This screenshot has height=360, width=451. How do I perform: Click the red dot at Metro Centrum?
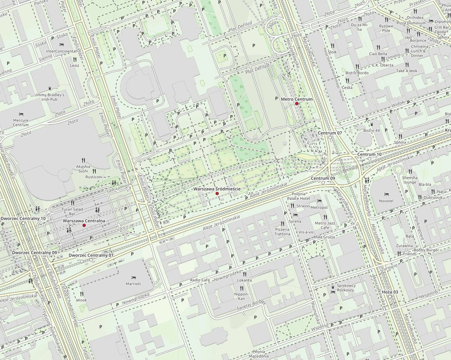pyautogui.click(x=297, y=103)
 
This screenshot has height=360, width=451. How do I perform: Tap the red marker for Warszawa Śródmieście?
pyautogui.click(x=217, y=193)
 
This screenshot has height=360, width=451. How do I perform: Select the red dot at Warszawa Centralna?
pyautogui.click(x=84, y=225)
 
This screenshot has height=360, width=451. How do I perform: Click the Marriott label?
pyautogui.click(x=134, y=284)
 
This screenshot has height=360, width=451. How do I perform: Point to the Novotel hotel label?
pyautogui.click(x=386, y=201)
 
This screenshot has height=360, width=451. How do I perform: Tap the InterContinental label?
pyautogui.click(x=61, y=51)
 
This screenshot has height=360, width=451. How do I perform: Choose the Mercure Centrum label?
pyautogui.click(x=21, y=123)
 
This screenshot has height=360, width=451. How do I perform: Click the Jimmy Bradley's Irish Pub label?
pyautogui.click(x=50, y=97)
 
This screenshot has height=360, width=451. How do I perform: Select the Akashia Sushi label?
pyautogui.click(x=83, y=168)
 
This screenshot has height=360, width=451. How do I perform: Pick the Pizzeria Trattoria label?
pyautogui.click(x=282, y=231)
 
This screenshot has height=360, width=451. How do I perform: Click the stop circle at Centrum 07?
pyautogui.click(x=330, y=138)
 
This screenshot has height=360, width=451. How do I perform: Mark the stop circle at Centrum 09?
pyautogui.click(x=323, y=182)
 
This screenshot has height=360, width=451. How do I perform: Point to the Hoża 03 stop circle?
pyautogui.click(x=390, y=296)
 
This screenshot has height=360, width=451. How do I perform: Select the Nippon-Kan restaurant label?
pyautogui.click(x=242, y=296)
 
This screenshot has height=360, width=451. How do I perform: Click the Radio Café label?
pyautogui.click(x=200, y=280)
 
